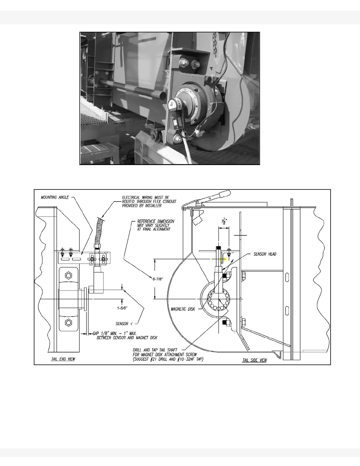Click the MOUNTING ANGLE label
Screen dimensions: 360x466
pyautogui.click(x=55, y=197)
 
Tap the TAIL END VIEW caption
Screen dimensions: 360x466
pyautogui.click(x=63, y=359)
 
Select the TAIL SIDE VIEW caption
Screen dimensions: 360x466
pyautogui.click(x=254, y=360)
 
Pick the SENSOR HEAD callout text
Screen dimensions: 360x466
pyautogui.click(x=265, y=254)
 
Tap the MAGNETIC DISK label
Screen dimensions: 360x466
pyautogui.click(x=183, y=309)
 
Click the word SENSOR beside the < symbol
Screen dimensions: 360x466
pyautogui.click(x=122, y=324)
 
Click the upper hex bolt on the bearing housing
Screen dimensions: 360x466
pyautogui.click(x=69, y=275)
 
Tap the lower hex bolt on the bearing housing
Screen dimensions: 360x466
pyautogui.click(x=69, y=322)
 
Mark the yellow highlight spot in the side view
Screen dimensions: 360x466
pyautogui.click(x=224, y=260)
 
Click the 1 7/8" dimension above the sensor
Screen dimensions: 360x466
pyautogui.click(x=223, y=221)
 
